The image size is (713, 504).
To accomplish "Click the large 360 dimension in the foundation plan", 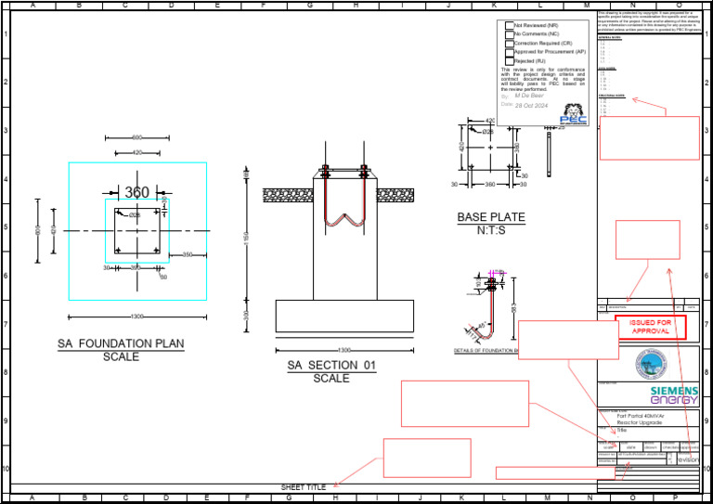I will click(x=136, y=192).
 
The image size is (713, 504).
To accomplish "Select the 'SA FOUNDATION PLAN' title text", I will click(x=121, y=343).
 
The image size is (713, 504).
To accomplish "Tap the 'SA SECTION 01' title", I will click(x=331, y=366).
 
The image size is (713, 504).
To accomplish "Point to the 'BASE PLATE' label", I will click(x=490, y=217).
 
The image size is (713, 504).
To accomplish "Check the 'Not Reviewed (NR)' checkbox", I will click(x=508, y=25).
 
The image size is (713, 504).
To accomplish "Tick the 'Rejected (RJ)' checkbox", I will click(x=508, y=60).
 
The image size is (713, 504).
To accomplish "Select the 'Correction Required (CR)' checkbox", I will click(x=508, y=43).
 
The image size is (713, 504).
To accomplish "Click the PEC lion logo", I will click(x=573, y=113).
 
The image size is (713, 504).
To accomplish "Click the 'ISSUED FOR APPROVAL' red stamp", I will click(x=650, y=327).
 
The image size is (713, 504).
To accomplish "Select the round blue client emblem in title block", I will click(x=650, y=362).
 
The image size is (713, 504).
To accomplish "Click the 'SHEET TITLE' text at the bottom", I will click(x=304, y=487).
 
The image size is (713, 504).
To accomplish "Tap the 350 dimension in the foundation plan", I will click(x=188, y=254).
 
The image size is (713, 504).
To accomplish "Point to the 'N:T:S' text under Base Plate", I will click(x=490, y=230).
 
